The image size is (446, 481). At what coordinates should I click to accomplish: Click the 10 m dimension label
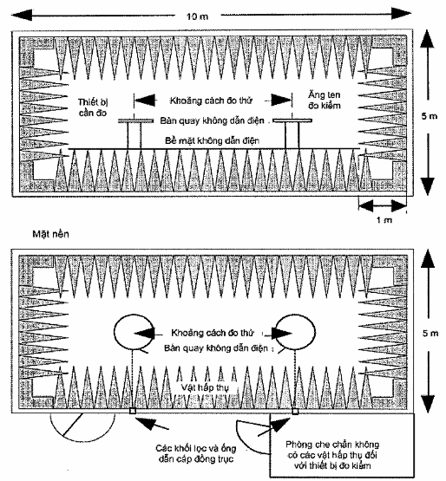(x=197, y=16)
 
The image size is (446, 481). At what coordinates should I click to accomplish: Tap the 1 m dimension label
(x=384, y=219)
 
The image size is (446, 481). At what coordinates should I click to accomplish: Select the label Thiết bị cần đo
(x=93, y=107)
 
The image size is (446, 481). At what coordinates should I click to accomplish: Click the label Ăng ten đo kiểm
(x=325, y=100)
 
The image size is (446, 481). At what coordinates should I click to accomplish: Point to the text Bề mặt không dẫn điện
(x=213, y=140)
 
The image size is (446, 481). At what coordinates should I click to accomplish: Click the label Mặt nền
(x=50, y=234)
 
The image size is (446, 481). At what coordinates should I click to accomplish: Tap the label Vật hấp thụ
(x=205, y=387)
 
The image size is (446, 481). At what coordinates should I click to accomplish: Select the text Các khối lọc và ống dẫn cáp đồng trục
(x=196, y=453)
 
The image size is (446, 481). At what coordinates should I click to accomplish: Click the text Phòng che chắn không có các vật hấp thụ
(x=332, y=455)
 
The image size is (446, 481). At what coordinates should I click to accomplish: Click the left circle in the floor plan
(x=115, y=332)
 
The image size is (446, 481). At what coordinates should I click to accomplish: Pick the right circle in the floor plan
(x=315, y=332)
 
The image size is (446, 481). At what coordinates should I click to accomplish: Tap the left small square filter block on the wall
(x=133, y=411)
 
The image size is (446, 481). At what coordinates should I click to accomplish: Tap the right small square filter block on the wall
(x=295, y=411)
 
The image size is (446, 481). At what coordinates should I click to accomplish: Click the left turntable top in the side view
(x=135, y=120)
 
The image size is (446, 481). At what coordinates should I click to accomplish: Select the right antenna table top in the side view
(x=292, y=120)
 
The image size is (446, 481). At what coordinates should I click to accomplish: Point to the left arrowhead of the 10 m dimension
(x=22, y=15)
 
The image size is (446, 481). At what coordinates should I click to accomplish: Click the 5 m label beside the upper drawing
(x=430, y=116)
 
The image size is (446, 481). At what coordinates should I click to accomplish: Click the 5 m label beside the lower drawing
(x=430, y=333)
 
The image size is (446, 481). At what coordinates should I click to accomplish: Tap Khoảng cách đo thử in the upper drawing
(x=211, y=101)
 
